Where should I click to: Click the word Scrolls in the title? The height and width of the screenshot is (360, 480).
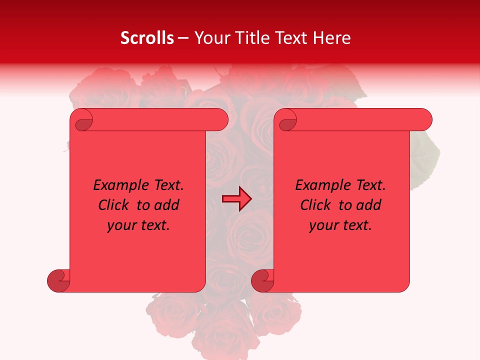pyautogui.click(x=147, y=38)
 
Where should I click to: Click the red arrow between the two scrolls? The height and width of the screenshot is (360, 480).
pyautogui.click(x=236, y=199)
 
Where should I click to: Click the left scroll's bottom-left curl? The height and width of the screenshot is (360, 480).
pyautogui.click(x=58, y=280)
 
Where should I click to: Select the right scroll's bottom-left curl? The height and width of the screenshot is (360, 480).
pyautogui.click(x=262, y=280)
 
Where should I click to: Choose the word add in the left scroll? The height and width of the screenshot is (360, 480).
pyautogui.click(x=167, y=205)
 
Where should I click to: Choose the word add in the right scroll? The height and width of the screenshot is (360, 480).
pyautogui.click(x=369, y=205)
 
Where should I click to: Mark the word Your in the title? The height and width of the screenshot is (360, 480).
pyautogui.click(x=209, y=38)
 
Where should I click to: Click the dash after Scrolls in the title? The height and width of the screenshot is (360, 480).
pyautogui.click(x=183, y=38)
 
